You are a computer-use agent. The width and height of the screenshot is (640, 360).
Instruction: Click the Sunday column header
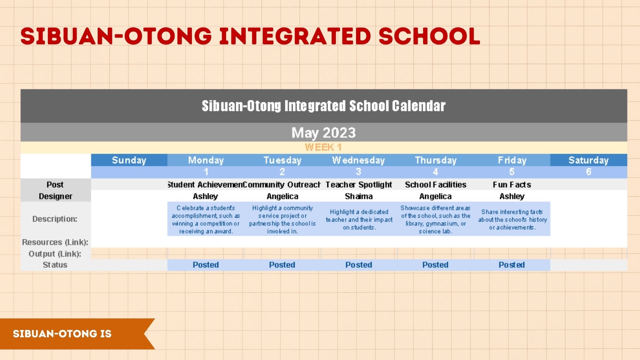pos(129,160)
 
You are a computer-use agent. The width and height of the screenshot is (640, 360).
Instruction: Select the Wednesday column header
pos(358,160)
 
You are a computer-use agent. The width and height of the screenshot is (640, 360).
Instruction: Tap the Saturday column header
pos(588,160)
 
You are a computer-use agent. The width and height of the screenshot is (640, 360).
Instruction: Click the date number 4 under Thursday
pos(435,172)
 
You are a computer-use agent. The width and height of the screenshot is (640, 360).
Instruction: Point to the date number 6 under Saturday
pos(589,172)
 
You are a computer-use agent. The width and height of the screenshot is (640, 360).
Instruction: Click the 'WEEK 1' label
pos(323,147)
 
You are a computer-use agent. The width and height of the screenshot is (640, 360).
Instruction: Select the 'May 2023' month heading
pos(324,133)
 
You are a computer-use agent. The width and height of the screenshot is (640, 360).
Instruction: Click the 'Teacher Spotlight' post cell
pos(359,185)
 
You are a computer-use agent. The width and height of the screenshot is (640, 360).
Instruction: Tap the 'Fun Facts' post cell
pos(512,185)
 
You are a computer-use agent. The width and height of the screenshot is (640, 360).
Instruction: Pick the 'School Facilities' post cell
pos(436,185)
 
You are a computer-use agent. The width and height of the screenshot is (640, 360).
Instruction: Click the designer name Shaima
pos(359,196)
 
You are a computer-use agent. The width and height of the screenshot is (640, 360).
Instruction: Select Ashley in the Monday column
pos(205,196)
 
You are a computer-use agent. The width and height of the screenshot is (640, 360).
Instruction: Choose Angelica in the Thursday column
pos(435,197)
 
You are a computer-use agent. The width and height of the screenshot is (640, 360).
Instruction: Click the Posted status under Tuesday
pos(282,265)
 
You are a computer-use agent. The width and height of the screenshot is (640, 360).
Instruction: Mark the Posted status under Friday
pos(512,265)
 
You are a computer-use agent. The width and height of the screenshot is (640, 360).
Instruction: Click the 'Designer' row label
pos(55,197)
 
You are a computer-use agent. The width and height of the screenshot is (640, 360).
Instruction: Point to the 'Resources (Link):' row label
pos(55,242)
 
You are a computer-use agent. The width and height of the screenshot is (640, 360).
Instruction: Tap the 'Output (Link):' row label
pos(55,254)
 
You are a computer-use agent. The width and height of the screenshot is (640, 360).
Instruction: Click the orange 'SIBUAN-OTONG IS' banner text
pos(62,334)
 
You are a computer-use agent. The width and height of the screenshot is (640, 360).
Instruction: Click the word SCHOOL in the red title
pos(429,36)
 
